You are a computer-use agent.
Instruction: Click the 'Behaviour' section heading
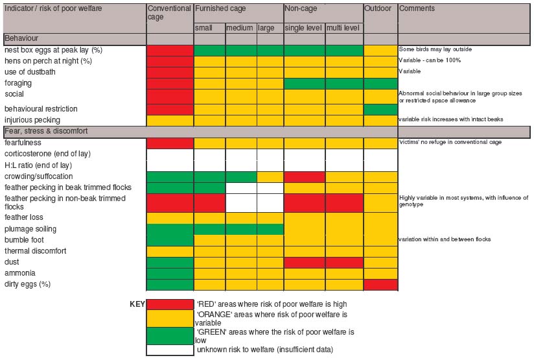(22, 39)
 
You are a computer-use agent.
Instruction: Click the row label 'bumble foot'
(23, 240)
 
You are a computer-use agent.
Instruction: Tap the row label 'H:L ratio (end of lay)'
(40, 165)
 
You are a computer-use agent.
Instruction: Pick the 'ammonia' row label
(19, 273)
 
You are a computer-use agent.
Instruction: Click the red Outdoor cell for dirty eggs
(380, 284)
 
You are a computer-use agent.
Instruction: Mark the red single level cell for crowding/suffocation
(305, 176)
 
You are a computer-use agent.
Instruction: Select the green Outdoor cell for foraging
(380, 83)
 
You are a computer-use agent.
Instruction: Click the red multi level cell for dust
(343, 262)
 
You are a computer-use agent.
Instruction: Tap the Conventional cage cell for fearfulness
(170, 143)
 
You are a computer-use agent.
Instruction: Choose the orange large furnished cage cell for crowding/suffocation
(270, 176)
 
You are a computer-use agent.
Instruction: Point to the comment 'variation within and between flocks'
(444, 239)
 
